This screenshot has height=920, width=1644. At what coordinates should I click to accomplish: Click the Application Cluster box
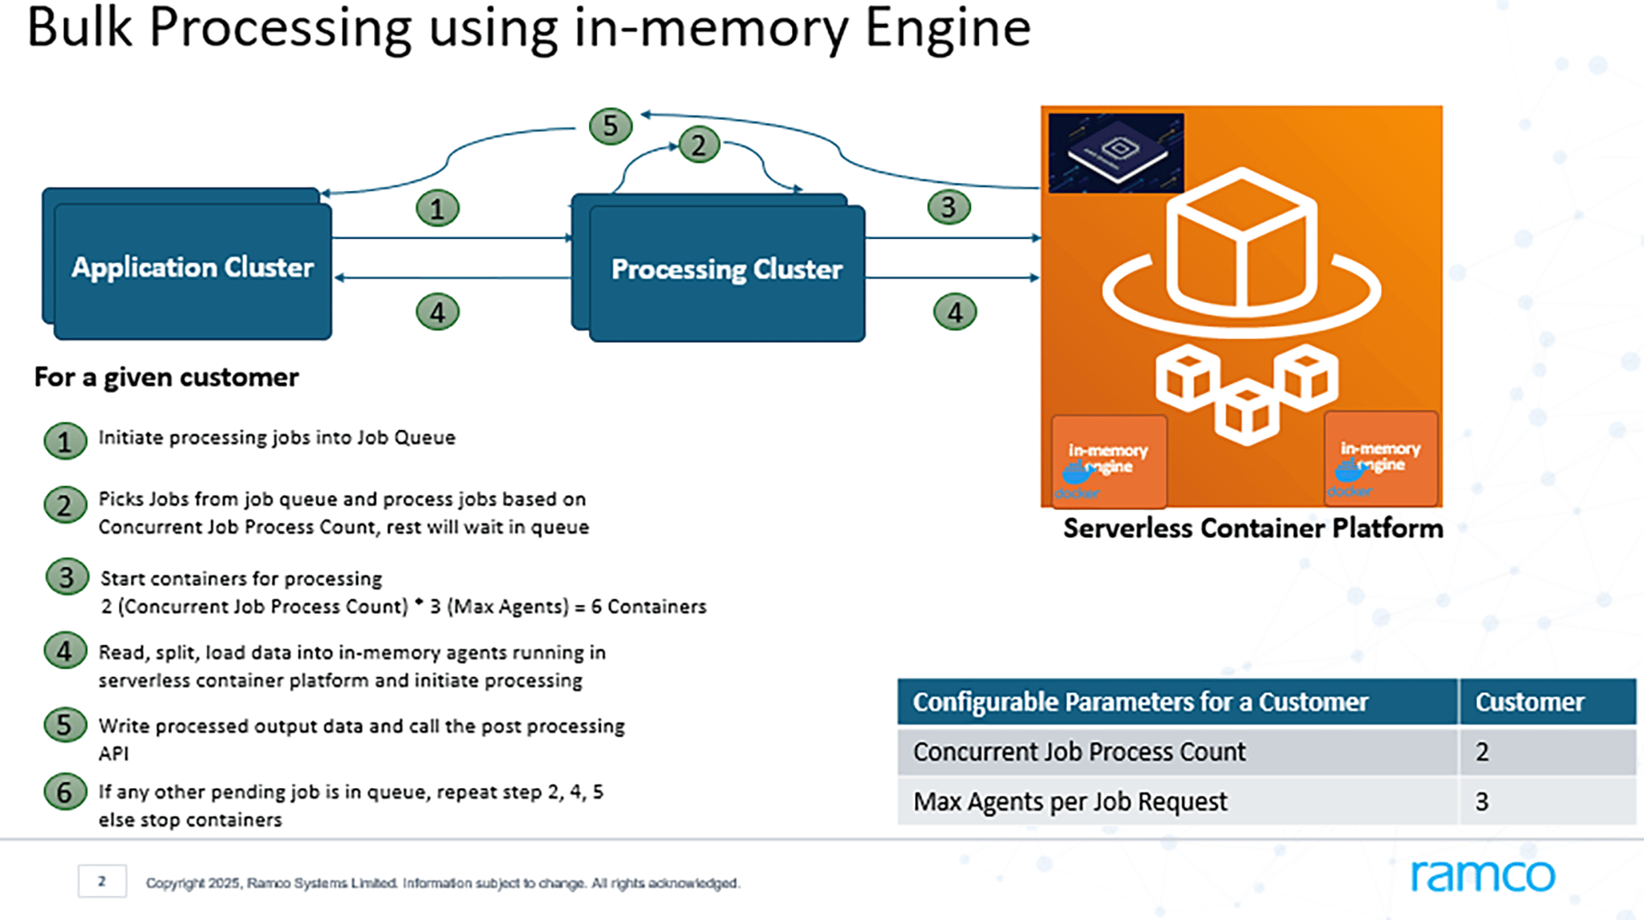[192, 268]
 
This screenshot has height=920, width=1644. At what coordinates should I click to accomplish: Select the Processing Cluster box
[726, 271]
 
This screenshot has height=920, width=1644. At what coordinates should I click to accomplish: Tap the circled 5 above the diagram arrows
[611, 126]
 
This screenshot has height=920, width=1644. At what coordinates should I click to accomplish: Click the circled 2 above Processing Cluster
[699, 145]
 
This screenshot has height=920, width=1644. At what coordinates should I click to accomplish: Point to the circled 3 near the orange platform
[949, 207]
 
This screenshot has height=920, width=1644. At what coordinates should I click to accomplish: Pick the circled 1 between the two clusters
[438, 209]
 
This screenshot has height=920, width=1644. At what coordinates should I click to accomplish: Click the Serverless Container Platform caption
[1252, 529]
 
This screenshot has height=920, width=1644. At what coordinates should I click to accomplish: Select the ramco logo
[1482, 875]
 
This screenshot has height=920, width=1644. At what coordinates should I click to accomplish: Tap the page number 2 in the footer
[102, 881]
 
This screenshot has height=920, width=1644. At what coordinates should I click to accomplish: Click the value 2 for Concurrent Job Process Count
[1482, 752]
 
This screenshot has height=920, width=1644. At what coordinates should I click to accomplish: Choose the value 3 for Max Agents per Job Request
[1482, 802]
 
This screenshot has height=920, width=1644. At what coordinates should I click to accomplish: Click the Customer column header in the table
[1529, 702]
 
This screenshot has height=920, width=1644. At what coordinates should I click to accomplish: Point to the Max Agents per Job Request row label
[1069, 802]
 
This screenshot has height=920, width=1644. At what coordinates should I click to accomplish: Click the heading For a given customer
[166, 378]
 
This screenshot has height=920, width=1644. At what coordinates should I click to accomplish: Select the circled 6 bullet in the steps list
[65, 792]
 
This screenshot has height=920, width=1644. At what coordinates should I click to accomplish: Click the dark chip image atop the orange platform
[1116, 152]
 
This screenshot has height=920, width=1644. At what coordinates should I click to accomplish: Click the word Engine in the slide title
[947, 27]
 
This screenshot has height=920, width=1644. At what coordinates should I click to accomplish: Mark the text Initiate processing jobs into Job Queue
[277, 438]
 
